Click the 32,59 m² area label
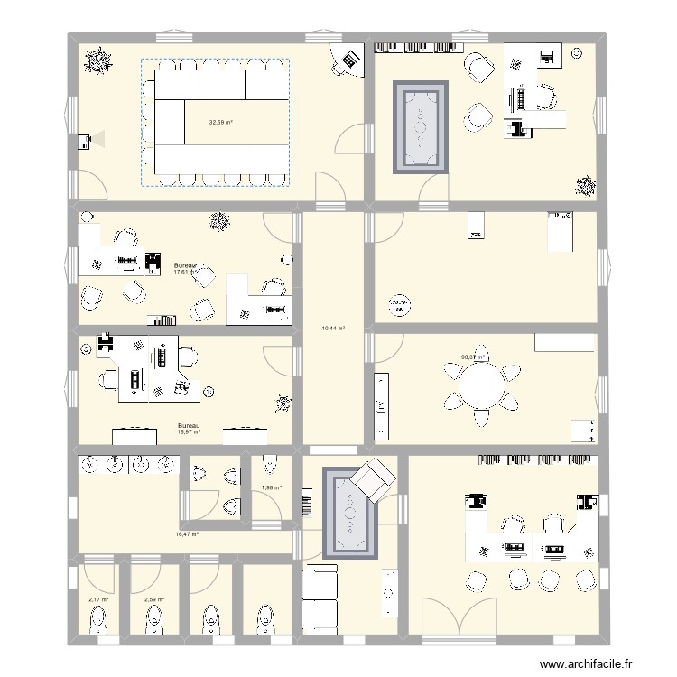tap(221, 123)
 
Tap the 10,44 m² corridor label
tap(335, 329)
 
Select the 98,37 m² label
tap(472, 357)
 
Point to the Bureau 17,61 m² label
tap(186, 268)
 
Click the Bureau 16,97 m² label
tap(189, 429)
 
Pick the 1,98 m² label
tap(271, 488)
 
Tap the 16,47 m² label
tap(187, 534)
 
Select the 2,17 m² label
tap(98, 599)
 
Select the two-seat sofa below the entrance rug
tap(320, 598)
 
